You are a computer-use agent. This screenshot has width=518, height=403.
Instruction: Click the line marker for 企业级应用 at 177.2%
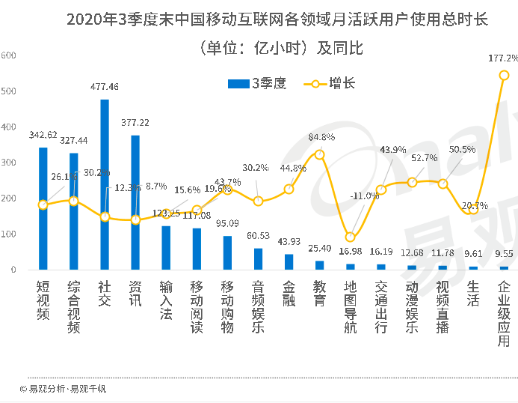point(504,75)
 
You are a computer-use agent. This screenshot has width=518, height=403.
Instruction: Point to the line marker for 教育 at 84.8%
point(320,154)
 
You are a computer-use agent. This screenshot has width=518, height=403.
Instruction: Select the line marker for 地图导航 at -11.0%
point(350,237)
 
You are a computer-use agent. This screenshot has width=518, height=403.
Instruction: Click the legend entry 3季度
point(257,84)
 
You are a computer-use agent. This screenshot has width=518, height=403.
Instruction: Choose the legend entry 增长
point(329,84)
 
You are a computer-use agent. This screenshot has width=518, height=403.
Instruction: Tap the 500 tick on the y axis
point(7,91)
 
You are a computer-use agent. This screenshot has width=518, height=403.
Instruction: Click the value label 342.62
point(43,136)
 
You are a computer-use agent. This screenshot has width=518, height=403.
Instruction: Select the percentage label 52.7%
point(425,158)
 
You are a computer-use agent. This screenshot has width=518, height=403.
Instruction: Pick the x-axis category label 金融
point(289,293)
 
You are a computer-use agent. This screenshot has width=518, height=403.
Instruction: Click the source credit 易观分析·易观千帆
point(63,389)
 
